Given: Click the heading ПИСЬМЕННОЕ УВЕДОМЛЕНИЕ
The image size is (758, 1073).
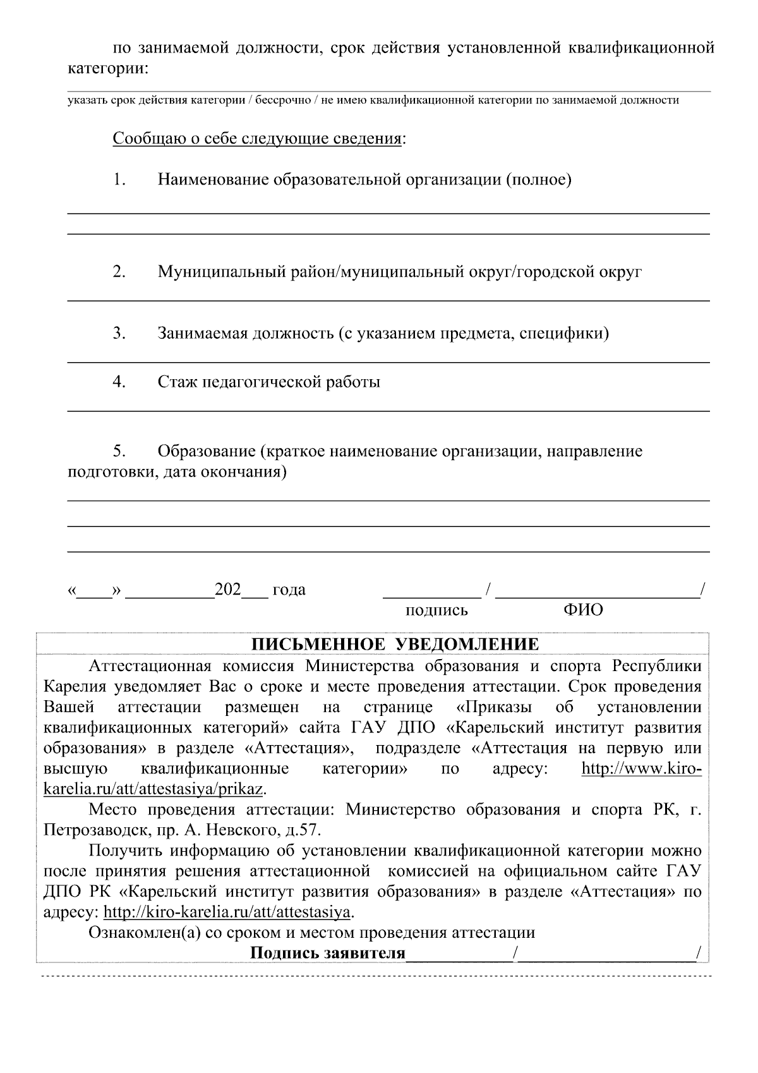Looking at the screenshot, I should [x=395, y=645].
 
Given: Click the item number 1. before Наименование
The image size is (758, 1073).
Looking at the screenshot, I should [x=120, y=180].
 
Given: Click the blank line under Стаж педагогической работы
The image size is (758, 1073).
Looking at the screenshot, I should [x=388, y=410].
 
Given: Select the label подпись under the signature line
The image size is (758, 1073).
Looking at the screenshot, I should [x=436, y=610].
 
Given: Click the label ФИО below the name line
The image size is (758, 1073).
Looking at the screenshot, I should [x=582, y=610].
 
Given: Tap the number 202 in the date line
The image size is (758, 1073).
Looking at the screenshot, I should [x=228, y=590].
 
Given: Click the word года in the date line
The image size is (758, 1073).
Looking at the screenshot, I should [x=289, y=590].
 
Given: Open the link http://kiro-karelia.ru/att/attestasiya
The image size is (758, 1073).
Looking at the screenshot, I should [x=226, y=912].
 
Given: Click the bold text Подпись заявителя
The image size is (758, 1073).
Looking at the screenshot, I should [x=327, y=953].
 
